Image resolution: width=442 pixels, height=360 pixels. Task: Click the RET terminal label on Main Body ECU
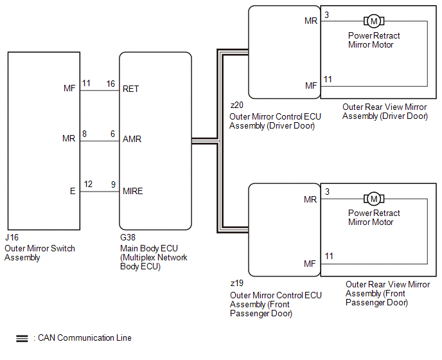coord(131,89)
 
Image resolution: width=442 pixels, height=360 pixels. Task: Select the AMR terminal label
coord(132,139)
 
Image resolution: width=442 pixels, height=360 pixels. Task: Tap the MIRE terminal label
coord(132,191)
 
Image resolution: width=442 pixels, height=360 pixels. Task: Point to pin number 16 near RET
coord(111,84)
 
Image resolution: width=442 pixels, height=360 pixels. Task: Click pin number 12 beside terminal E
coord(88,184)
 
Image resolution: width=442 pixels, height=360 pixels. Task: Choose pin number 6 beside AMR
coord(112,134)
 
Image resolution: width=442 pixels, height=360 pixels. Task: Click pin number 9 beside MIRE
coord(113,184)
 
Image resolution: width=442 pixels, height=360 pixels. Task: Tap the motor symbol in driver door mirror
coord(373,21)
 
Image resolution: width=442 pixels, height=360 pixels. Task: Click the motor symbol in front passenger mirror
coord(373,199)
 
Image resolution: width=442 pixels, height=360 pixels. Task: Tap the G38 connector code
coord(128,238)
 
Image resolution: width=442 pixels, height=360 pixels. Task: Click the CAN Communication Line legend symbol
coord(22,337)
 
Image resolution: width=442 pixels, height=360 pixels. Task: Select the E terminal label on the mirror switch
coord(73,191)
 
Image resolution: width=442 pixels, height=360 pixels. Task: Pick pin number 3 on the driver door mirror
coord(327,15)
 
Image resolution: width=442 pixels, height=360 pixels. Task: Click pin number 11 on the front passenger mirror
coord(328,256)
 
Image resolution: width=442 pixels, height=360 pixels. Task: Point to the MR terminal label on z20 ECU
coord(311,21)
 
